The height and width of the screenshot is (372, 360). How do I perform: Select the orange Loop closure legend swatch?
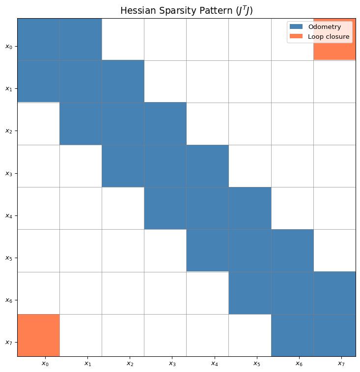[296, 36]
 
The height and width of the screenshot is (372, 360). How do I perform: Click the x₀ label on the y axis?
[8, 47]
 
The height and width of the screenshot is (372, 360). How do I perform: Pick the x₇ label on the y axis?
[8, 343]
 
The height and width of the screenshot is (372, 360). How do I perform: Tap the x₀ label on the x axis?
[45, 364]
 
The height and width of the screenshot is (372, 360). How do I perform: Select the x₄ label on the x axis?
[215, 364]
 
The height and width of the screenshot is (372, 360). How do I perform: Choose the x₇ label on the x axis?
[341, 364]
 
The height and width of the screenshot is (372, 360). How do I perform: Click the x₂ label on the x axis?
[130, 364]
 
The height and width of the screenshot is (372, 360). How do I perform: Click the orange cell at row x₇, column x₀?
[39, 335]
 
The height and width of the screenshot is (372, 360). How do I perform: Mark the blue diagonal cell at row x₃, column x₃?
[166, 166]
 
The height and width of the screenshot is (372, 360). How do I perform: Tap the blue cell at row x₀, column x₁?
[81, 39]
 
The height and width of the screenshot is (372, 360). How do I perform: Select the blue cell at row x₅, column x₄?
[208, 250]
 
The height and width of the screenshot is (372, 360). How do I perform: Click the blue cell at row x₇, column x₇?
[334, 335]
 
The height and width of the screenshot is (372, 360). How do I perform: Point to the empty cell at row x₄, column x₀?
[39, 208]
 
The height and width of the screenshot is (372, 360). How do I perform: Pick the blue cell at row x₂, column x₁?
[81, 124]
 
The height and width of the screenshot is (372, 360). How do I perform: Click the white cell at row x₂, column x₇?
[334, 124]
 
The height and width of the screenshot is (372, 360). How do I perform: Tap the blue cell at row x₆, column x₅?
[250, 293]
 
